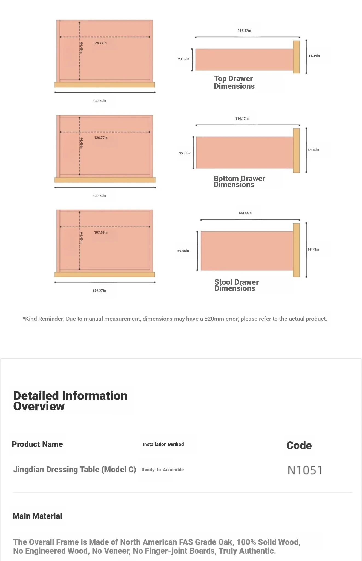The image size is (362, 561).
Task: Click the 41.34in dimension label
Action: (x=314, y=56)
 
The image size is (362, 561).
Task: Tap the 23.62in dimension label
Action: (x=183, y=59)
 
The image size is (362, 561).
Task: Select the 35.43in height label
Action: (x=184, y=153)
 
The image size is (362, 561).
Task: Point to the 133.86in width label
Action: (x=245, y=213)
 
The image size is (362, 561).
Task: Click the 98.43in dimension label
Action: (x=313, y=250)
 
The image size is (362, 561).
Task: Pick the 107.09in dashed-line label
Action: (x=101, y=233)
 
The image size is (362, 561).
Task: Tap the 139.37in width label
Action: (x=99, y=291)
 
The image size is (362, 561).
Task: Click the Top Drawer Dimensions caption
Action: (x=234, y=82)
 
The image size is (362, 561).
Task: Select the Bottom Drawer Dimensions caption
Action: (x=239, y=182)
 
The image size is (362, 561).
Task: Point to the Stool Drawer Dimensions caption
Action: (x=236, y=285)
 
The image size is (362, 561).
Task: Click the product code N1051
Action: (x=305, y=470)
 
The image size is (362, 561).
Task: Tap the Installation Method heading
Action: (x=163, y=444)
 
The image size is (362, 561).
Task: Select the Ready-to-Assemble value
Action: (x=162, y=470)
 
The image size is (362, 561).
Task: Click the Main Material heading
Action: (x=37, y=516)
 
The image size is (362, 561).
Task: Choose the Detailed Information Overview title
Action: (x=70, y=401)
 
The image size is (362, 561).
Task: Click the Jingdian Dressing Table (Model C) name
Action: (x=74, y=470)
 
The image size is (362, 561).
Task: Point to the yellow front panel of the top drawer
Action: (x=296, y=57)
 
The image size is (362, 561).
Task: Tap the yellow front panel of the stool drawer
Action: (x=296, y=250)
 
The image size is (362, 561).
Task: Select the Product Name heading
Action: (x=37, y=444)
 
